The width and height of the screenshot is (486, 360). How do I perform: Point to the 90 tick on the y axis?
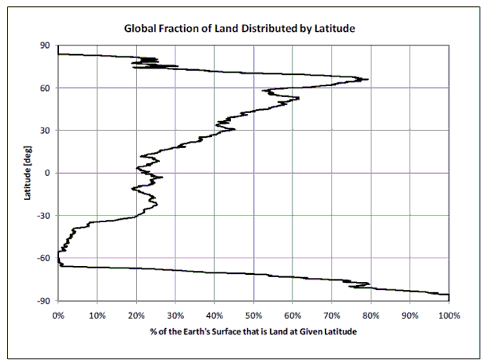click(46, 45)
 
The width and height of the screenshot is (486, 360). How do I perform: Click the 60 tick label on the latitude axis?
click(46, 88)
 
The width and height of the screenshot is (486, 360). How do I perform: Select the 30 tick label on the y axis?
click(46, 130)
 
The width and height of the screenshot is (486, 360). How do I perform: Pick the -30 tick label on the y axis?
click(45, 215)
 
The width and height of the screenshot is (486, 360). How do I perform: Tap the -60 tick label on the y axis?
click(45, 257)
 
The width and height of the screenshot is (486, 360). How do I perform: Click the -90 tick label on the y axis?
click(45, 300)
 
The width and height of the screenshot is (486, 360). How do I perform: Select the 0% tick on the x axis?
click(58, 315)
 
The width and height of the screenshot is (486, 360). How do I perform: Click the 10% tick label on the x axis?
click(97, 315)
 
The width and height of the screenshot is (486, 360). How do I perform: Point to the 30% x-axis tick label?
click(175, 315)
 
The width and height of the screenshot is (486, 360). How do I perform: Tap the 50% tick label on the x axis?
click(253, 315)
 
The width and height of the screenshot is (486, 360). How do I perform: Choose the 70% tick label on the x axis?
click(332, 315)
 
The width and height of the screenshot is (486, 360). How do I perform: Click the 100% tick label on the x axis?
click(449, 315)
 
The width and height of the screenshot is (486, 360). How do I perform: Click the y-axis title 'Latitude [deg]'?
click(28, 173)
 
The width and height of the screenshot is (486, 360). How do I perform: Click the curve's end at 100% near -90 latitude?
click(449, 295)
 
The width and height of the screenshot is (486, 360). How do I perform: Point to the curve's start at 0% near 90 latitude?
click(59, 53)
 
